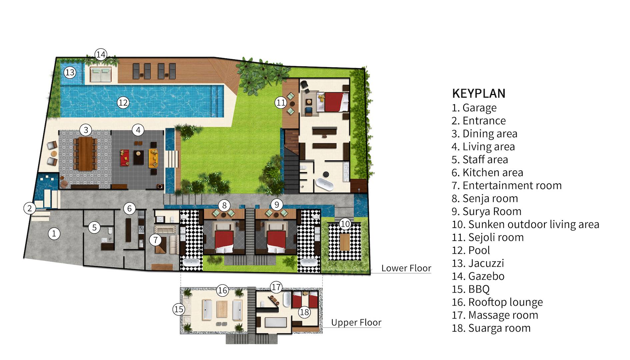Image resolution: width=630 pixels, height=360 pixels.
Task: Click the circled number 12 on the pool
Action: click(x=123, y=102)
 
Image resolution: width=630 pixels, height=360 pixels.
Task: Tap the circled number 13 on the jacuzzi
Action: click(x=70, y=72)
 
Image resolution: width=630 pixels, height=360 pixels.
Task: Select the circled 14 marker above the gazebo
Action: click(x=101, y=54)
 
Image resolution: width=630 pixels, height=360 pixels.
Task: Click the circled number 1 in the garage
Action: click(x=54, y=233)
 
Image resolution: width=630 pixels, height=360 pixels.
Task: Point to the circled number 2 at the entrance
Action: click(x=30, y=209)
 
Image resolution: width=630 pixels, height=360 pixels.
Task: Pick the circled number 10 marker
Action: click(x=345, y=224)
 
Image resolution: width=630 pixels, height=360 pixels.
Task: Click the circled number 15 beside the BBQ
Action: click(x=179, y=309)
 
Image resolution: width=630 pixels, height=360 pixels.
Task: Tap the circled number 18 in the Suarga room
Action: click(x=304, y=312)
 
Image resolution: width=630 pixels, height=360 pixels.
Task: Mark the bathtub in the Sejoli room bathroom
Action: click(x=324, y=184)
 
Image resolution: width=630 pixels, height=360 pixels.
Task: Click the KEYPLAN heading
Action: click(x=479, y=93)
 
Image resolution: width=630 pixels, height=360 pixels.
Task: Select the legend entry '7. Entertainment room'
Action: click(x=507, y=185)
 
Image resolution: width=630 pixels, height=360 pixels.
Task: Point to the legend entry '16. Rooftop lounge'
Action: click(x=497, y=302)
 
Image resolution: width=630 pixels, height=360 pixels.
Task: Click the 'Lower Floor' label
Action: click(x=406, y=268)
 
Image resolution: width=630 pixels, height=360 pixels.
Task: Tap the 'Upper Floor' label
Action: click(x=356, y=322)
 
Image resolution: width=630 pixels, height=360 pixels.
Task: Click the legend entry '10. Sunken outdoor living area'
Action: click(x=525, y=224)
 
